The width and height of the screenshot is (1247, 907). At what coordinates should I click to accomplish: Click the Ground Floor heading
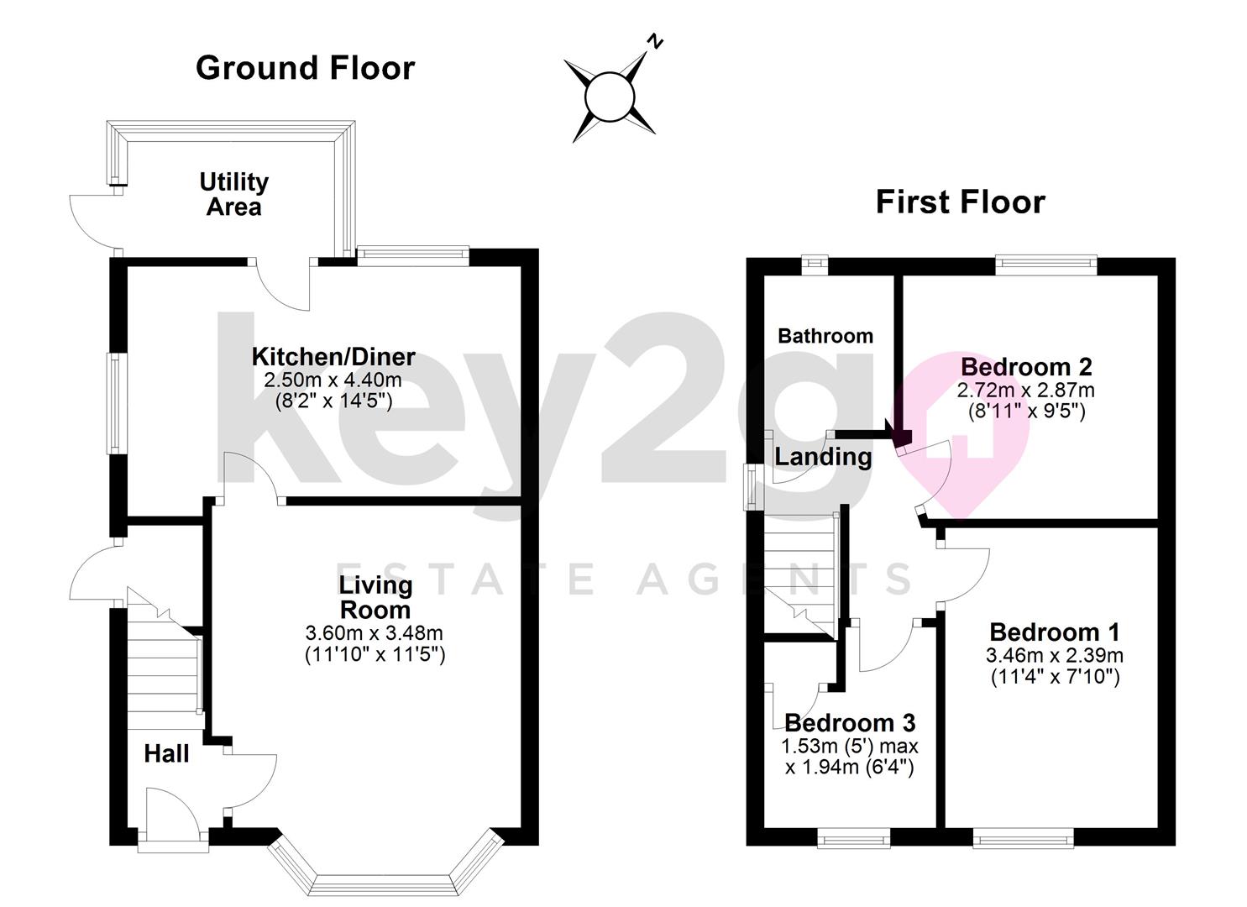click(305, 68)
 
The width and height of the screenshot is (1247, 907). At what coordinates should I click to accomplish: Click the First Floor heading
click(961, 202)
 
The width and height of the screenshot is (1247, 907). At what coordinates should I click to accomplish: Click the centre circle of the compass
click(610, 97)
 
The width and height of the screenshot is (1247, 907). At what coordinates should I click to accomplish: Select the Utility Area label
click(233, 194)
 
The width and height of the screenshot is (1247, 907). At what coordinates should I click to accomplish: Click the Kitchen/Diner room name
click(333, 357)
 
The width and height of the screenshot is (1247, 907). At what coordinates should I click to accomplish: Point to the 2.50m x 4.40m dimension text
click(333, 380)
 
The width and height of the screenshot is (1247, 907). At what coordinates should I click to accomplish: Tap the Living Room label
click(375, 597)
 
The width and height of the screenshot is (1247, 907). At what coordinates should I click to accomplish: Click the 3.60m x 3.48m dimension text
click(375, 633)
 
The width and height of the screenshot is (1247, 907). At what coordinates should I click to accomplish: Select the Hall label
click(166, 754)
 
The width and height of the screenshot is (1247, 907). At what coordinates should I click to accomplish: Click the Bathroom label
click(825, 336)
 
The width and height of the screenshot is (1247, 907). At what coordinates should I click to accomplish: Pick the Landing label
click(823, 457)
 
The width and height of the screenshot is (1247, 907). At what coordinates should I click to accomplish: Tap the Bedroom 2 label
click(1026, 367)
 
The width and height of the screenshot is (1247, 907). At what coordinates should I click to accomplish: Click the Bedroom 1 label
click(1055, 632)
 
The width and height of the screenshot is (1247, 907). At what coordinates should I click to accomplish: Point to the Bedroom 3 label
click(850, 723)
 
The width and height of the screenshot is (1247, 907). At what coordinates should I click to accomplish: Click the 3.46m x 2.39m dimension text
click(1055, 655)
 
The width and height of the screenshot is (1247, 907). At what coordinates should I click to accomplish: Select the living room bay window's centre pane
click(382, 884)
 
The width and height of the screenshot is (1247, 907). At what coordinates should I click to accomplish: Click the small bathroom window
click(815, 265)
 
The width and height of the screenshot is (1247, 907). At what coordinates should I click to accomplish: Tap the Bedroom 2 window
click(1046, 265)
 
